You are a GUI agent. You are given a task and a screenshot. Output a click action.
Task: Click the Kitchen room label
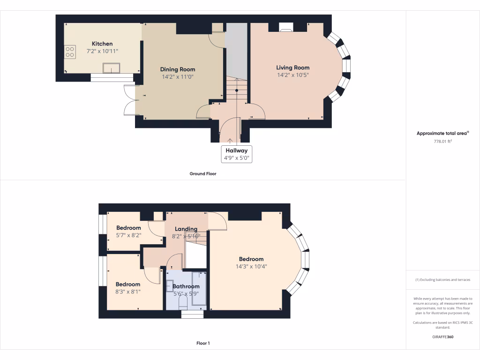(102, 44)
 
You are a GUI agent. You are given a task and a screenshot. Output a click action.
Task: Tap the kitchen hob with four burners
(70, 52)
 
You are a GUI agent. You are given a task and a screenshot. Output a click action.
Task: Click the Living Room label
(292, 67)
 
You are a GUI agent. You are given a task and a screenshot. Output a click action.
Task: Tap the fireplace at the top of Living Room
(286, 28)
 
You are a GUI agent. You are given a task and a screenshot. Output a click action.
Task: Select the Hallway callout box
(237, 154)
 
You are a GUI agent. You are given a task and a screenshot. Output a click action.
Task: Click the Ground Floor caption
(202, 173)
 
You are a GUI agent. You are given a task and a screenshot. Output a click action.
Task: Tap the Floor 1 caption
(202, 343)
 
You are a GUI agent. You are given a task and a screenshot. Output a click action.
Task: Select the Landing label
(186, 229)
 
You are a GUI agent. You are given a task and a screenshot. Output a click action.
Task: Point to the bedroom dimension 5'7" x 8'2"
(128, 235)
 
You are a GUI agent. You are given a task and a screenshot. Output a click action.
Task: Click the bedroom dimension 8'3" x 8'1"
(128, 291)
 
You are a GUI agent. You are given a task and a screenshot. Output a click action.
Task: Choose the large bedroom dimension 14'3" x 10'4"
(251, 266)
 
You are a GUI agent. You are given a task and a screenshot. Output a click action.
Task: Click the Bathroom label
(186, 286)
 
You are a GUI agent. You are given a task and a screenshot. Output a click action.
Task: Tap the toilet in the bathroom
(183, 302)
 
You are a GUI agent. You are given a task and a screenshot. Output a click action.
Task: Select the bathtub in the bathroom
(199, 288)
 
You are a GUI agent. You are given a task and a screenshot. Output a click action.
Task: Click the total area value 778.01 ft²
(442, 141)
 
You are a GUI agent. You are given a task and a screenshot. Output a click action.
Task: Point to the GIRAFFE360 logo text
(442, 337)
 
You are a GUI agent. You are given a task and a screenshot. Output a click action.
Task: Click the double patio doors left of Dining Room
(130, 100)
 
